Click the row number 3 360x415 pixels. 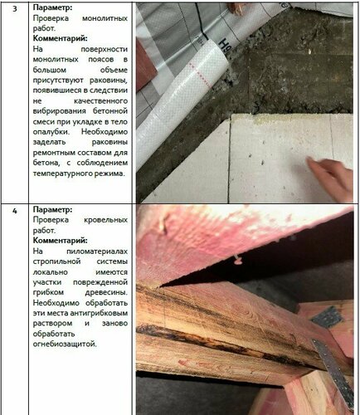tap(15, 8)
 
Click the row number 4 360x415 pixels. tap(15, 211)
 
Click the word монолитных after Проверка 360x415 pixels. tap(105, 18)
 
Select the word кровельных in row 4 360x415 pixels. tap(105, 220)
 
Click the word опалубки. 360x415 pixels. tap(51, 132)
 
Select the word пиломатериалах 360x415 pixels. tap(97, 251)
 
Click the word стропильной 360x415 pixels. tap(56, 261)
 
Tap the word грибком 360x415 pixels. tap(48, 292)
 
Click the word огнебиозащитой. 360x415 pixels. tap(65, 344)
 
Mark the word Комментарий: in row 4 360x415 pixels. tap(61, 241)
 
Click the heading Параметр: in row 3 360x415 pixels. tap(52, 7)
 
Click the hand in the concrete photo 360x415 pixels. tap(331, 177)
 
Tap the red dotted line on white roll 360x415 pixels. tap(200, 74)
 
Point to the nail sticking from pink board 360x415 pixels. tap(236, 260)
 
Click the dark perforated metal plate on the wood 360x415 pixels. tap(327, 317)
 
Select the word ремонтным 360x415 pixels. tap(54, 153)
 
